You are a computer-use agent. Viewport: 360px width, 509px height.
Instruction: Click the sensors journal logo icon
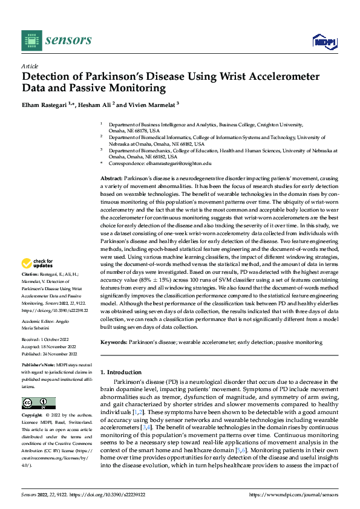click(x=31, y=40)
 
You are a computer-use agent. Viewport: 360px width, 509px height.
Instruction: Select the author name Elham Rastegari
click(x=44, y=105)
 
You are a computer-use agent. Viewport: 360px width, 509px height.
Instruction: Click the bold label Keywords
click(x=113, y=342)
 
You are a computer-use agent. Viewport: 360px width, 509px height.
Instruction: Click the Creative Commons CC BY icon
click(x=38, y=403)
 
